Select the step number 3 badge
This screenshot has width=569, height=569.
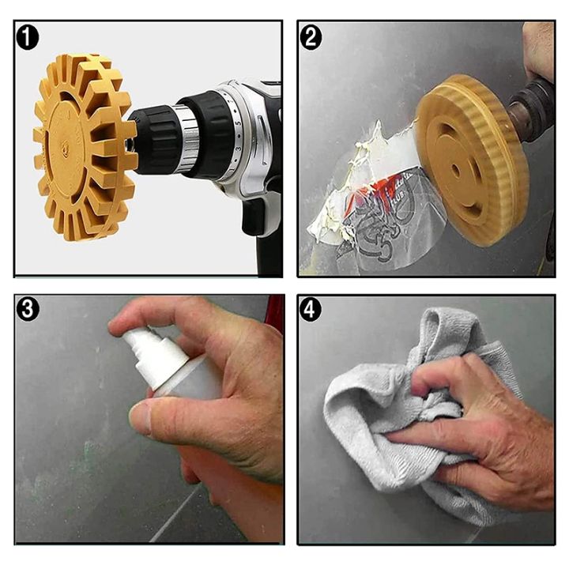pyautogui.click(x=29, y=309)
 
